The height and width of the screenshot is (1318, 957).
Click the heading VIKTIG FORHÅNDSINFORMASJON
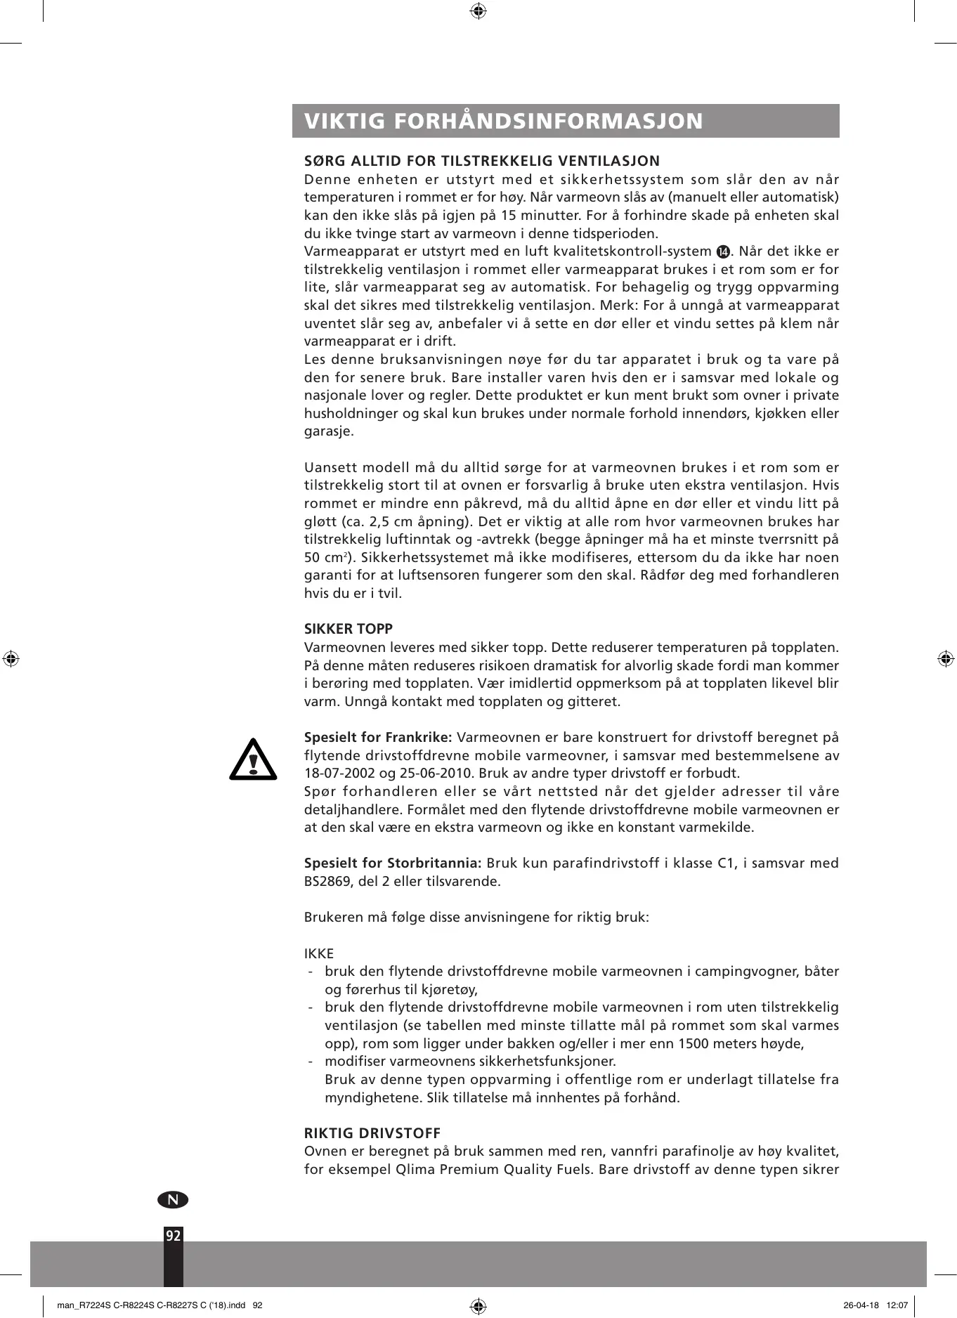503,121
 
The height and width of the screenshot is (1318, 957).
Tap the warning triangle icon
253,759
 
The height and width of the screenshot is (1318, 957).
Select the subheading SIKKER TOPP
348,629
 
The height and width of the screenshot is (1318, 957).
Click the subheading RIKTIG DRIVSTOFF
372,1133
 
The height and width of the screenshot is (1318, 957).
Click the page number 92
173,1236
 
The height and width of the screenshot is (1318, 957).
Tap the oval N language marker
173,1199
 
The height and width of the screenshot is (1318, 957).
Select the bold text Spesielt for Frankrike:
377,737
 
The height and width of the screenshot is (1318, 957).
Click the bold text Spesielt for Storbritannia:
392,863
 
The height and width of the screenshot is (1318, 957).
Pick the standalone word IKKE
319,953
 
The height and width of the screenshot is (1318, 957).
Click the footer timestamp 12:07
897,1305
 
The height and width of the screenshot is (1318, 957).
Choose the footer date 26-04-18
861,1305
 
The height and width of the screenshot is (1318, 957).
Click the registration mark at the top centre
478,11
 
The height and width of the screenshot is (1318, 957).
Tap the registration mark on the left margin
11,659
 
